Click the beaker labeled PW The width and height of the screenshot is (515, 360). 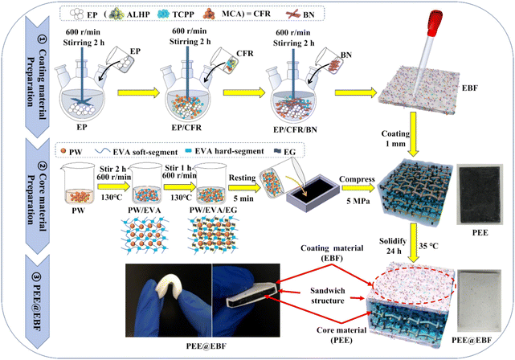pyautogui.click(x=78, y=184)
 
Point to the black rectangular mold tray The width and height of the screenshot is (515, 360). pyautogui.click(x=313, y=194)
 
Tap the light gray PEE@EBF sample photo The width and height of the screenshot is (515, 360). pyautogui.click(x=480, y=301)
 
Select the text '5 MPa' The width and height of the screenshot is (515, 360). pyautogui.click(x=358, y=201)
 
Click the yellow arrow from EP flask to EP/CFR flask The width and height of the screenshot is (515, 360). pyautogui.click(x=138, y=92)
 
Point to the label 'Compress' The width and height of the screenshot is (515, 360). pyautogui.click(x=357, y=179)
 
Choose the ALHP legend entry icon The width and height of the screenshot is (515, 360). pyautogui.click(x=116, y=14)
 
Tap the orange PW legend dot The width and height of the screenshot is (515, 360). pyautogui.click(x=63, y=151)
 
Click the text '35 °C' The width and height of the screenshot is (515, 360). pyautogui.click(x=428, y=246)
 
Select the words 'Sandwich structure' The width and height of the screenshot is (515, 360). pyautogui.click(x=328, y=296)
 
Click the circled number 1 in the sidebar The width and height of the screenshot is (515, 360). pyautogui.click(x=43, y=39)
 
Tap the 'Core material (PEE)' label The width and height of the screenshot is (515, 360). pyautogui.click(x=341, y=335)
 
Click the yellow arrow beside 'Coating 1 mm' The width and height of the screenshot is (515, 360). pyautogui.click(x=413, y=134)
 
